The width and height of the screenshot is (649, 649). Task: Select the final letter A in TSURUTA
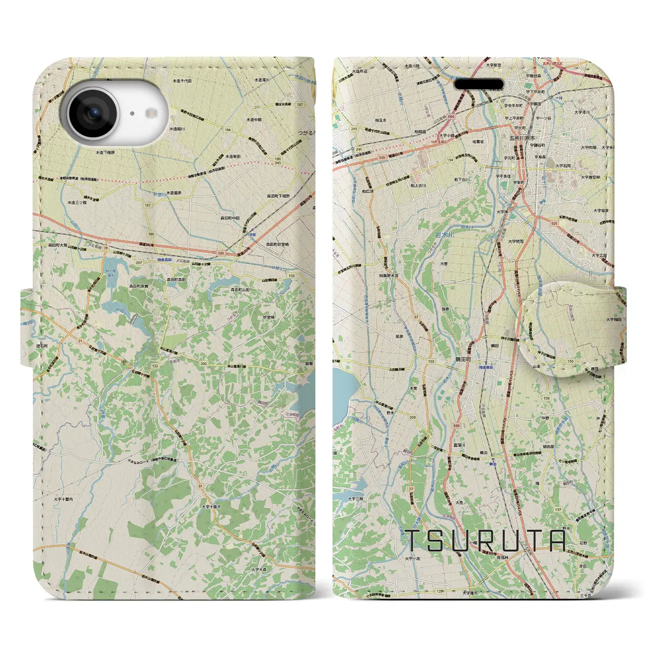click(x=556, y=542)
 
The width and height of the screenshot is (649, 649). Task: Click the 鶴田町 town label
click(x=462, y=358)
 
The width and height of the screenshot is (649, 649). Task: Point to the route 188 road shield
click(x=151, y=234)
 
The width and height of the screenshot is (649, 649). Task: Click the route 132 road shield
click(x=154, y=366)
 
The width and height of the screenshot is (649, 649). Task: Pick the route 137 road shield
click(x=558, y=495)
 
